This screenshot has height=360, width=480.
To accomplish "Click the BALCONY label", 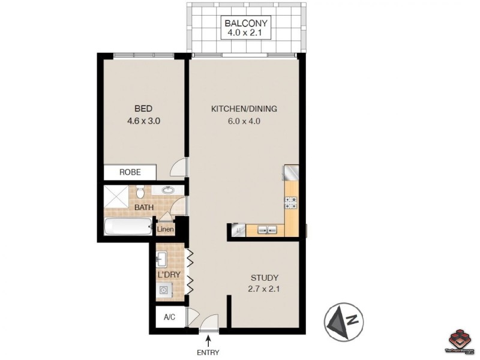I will point(246,23).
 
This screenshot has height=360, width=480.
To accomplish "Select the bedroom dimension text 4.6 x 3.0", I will point(143,121).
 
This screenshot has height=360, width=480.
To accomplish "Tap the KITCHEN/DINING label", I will point(244,109).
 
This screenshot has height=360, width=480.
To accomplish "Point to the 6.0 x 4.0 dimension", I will point(244,121).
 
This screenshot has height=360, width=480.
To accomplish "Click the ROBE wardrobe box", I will point(130,172).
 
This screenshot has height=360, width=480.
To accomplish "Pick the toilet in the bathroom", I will point(139,193).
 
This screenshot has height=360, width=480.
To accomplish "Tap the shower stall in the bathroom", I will point(117,196).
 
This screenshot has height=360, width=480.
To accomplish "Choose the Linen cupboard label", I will point(166,229).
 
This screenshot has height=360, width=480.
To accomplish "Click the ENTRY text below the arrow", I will point(208,352).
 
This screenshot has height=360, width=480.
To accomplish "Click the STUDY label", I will point(264,278).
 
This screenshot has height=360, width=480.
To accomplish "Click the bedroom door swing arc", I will point(179,169).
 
